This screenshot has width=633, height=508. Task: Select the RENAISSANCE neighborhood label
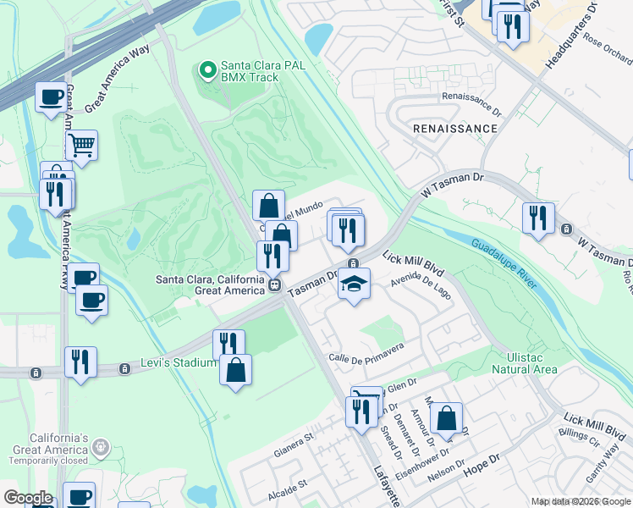point(455,129)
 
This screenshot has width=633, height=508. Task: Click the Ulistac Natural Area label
point(525,363)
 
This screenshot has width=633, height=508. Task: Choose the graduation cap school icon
point(355,284)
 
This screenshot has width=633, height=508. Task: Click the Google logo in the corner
point(28,498)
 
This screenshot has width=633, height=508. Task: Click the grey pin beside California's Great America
point(101,444)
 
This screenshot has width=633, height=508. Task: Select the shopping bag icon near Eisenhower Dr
point(446,418)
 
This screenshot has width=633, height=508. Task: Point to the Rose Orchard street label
point(608,53)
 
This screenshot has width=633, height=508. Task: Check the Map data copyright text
point(580,501)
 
